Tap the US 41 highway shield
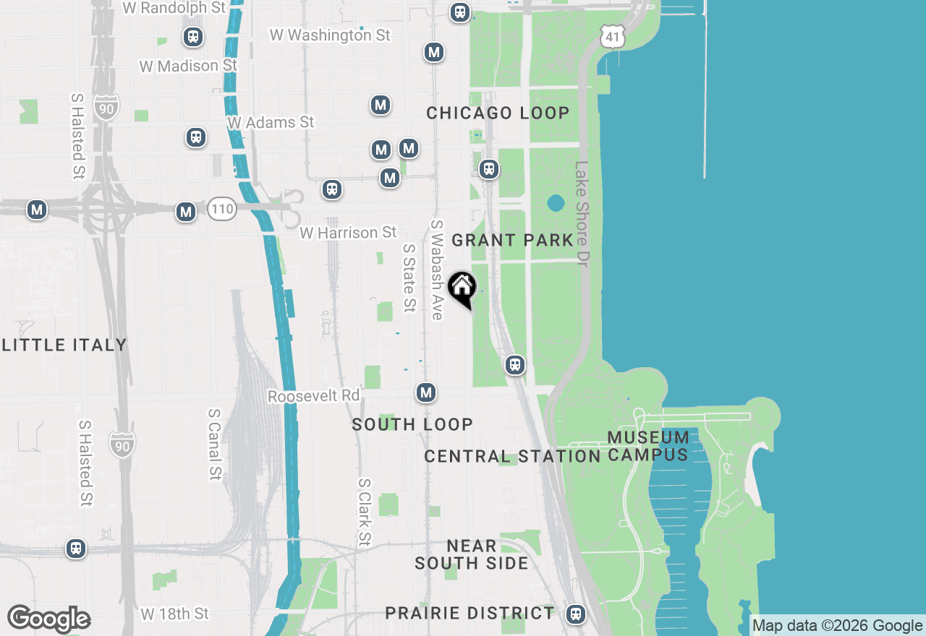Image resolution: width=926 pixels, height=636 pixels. coord(612,35)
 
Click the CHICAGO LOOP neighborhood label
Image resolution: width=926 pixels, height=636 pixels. coord(498,113)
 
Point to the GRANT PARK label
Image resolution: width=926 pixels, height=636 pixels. coord(512,240)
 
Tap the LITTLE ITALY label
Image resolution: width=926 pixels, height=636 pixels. coord(64,345)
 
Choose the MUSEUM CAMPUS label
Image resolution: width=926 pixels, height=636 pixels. coord(648,446)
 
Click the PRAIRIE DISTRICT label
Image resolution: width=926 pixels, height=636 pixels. coord(470,614)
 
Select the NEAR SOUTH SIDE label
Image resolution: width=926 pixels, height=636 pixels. coord(472,554)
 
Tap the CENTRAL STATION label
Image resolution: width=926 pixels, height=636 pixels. coord(512,457)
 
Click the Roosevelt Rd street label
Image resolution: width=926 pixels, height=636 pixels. coord(313,396)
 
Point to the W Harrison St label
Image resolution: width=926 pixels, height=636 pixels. coord(348,233)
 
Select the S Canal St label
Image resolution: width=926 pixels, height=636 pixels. coord(214,444)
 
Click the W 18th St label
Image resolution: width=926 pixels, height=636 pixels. coord(174,614)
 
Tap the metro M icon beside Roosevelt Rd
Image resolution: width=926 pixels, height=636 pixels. coord(426,392)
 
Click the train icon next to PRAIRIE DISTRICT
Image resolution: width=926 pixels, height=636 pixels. coord(576,614)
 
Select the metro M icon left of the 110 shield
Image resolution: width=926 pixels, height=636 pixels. coord(186,212)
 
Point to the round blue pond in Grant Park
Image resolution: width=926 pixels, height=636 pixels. coord(555,203)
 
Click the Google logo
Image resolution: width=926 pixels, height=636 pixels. coord(48,619)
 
